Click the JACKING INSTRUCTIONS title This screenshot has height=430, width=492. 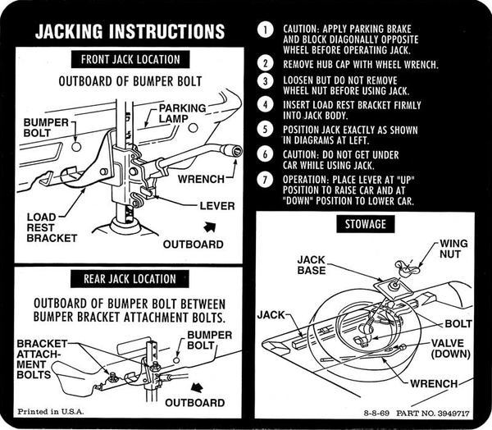coord(129,32)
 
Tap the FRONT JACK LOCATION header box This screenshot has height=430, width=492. coord(130,59)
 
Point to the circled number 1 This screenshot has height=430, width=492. coord(264,31)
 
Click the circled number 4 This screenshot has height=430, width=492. coord(264,104)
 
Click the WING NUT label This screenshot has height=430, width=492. coord(453,249)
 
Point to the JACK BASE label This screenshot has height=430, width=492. coord(312,264)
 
